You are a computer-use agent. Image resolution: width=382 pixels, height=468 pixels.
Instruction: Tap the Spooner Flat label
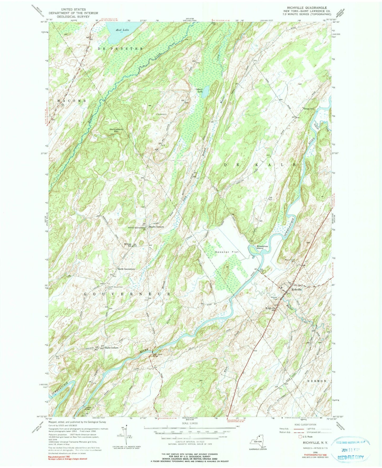pyautogui.click(x=227, y=252)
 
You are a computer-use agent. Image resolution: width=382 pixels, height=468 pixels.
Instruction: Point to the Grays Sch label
pyautogui.click(x=309, y=109)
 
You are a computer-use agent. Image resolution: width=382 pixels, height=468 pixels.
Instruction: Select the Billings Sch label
pyautogui.click(x=128, y=245)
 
